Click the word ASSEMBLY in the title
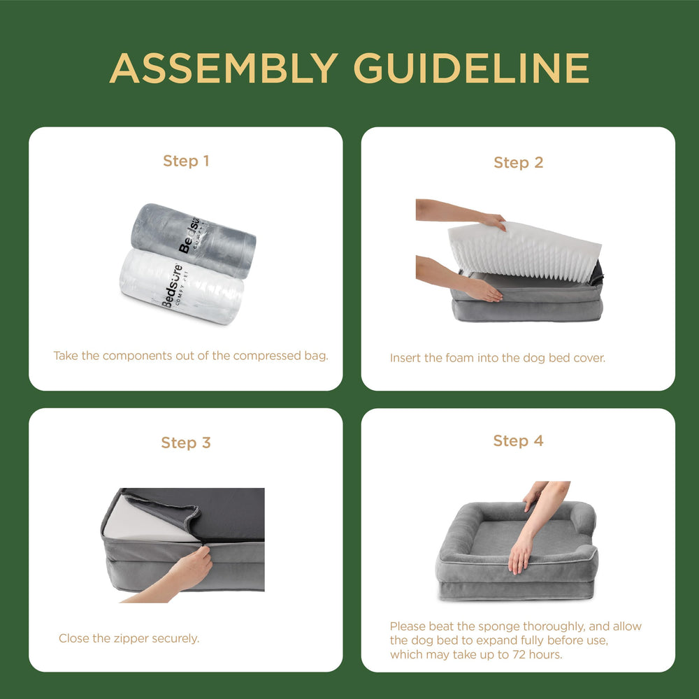coord(224,68)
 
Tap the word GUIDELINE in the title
coord(472,68)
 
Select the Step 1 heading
coord(186,161)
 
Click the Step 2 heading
coord(519,163)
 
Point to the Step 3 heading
coord(186,442)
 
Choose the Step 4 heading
coord(519,441)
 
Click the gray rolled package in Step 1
coord(194,240)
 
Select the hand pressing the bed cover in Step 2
coord(483,291)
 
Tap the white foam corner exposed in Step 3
coord(146,520)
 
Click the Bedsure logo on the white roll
coord(172,286)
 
